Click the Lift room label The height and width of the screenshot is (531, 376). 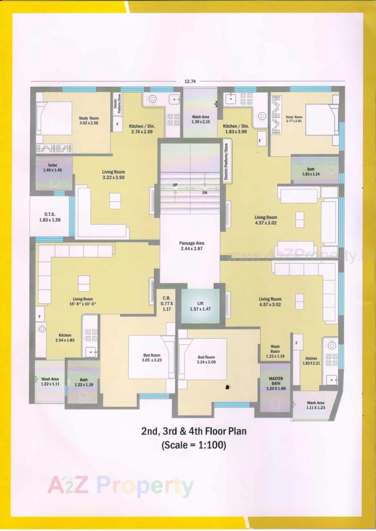(x=200, y=306)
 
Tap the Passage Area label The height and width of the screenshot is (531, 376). (x=192, y=246)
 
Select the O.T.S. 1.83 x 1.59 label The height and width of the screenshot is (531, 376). (x=50, y=217)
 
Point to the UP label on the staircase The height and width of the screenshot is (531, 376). (x=175, y=185)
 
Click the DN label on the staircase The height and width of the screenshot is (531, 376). (x=205, y=193)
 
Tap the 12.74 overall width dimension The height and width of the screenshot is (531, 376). (x=190, y=81)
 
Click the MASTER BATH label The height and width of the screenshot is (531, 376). (x=276, y=383)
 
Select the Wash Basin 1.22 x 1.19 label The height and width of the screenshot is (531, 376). (x=275, y=351)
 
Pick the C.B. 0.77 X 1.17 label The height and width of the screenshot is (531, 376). (x=167, y=304)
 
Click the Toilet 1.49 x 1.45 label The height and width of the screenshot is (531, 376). (x=53, y=168)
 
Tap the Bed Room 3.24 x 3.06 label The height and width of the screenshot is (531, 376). (x=206, y=360)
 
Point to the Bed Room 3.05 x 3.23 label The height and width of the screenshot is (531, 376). (x=152, y=358)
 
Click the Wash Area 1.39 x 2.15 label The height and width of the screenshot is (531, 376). (x=201, y=119)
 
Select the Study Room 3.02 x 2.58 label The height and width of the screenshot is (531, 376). (x=89, y=121)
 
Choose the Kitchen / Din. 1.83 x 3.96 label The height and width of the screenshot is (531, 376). (x=236, y=129)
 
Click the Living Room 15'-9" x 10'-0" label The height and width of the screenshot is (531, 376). (x=83, y=301)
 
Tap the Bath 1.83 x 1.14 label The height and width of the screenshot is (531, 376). (x=311, y=171)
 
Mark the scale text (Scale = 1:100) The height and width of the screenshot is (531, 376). (x=194, y=445)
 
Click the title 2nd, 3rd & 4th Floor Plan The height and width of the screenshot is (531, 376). (x=194, y=431)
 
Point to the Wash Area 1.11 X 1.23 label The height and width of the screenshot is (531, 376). (x=316, y=405)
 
